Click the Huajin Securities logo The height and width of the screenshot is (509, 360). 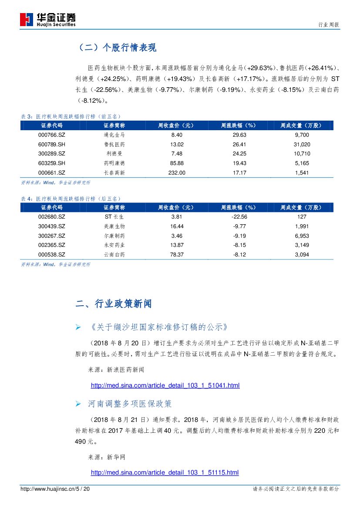(48, 19)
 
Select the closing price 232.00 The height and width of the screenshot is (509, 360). (177, 173)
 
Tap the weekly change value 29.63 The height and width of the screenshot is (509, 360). (239, 135)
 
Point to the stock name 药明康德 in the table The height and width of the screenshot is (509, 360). (114, 163)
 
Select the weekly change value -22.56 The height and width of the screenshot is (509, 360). (239, 217)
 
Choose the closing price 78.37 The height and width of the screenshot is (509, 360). (177, 254)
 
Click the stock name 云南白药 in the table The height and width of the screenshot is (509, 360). (114, 254)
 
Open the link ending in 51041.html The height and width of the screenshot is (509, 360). (165, 385)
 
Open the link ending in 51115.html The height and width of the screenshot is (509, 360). (165, 472)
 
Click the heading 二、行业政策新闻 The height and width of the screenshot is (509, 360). (114, 304)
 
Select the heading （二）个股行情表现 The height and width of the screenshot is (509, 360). (116, 48)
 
